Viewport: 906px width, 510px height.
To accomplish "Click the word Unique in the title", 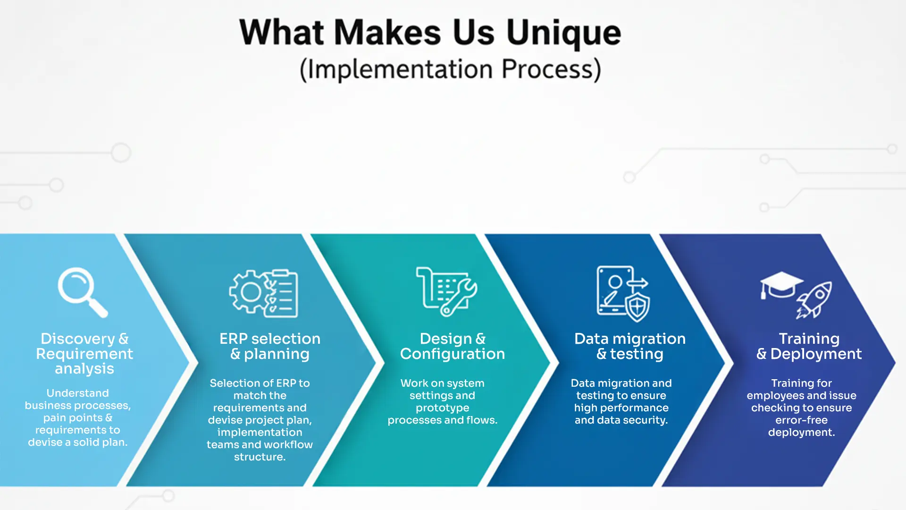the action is (x=563, y=34).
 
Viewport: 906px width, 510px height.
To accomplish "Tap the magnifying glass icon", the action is (x=83, y=292).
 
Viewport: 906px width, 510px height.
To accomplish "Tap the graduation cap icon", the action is (x=781, y=285).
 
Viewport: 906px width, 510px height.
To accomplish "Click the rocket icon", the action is (x=814, y=299).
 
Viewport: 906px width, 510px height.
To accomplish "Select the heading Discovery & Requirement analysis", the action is (x=84, y=353).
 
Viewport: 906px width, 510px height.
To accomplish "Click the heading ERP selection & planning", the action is (x=270, y=346).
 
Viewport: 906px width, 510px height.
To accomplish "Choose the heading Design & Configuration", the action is (x=453, y=346).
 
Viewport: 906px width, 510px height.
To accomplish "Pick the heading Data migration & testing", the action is (x=630, y=346).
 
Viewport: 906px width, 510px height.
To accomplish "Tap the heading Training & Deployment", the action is (x=809, y=346).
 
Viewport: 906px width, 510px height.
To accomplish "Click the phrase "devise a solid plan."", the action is (x=78, y=442).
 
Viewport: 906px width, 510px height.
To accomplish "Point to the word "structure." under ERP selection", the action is (x=260, y=457).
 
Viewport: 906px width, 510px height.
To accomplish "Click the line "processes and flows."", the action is (x=443, y=420).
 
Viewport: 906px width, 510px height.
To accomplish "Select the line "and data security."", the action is (x=621, y=420).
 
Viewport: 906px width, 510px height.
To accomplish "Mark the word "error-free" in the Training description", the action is (x=802, y=420).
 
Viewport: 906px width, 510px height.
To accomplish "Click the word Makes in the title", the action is (x=387, y=33).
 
